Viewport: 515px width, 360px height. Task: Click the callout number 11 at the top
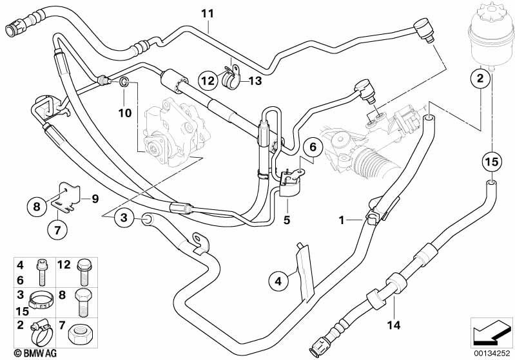207,12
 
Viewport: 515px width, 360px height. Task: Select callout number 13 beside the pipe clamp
256,81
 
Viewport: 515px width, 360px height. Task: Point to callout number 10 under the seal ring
124,113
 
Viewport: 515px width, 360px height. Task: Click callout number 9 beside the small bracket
95,199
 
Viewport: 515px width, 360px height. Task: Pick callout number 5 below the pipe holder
287,220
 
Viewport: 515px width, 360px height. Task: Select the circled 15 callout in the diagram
492,162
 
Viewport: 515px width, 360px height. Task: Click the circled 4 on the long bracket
278,280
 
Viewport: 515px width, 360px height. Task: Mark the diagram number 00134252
491,352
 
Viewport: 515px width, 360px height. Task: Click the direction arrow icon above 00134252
491,330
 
